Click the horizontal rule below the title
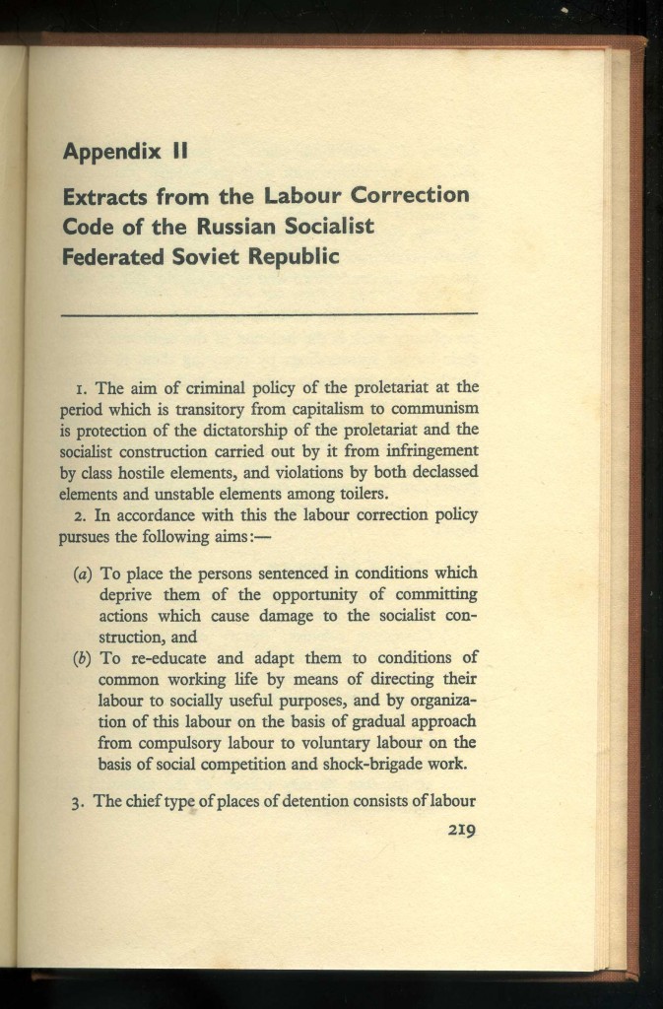click(x=269, y=312)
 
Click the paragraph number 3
click(x=76, y=802)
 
